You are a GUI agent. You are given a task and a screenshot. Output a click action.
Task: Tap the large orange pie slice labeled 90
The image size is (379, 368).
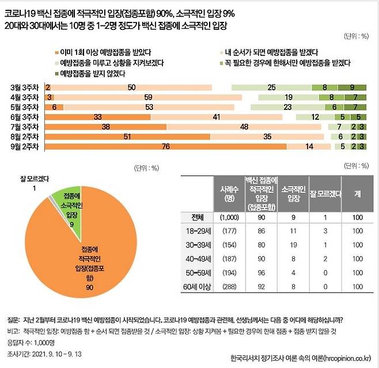pyautogui.click(x=81, y=259)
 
